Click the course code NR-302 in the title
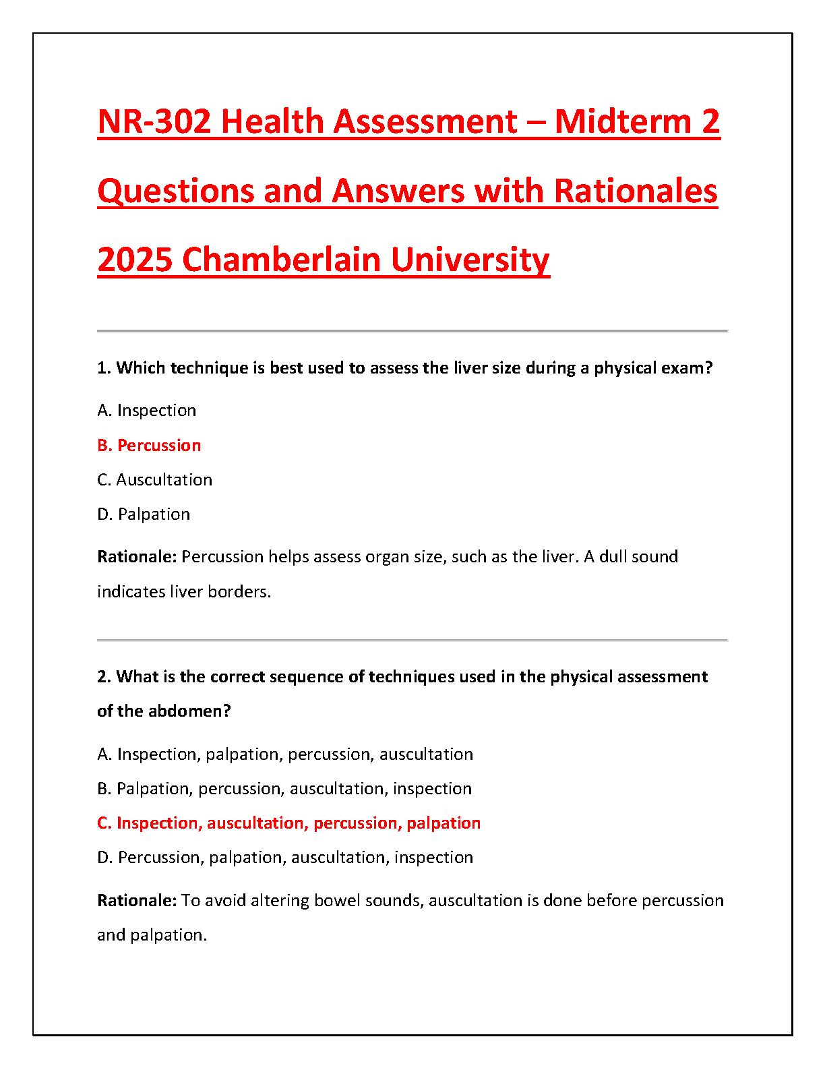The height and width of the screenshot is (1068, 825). (x=154, y=122)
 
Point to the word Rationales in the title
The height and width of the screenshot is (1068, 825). (x=636, y=191)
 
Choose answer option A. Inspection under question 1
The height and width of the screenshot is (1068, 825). (x=147, y=411)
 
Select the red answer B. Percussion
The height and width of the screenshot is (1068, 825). (x=149, y=446)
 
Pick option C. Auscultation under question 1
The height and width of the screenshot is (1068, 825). (x=155, y=480)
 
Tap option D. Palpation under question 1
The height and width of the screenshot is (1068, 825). (x=144, y=514)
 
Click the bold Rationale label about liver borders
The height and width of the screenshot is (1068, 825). (x=137, y=557)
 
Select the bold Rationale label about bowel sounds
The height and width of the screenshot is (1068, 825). (x=137, y=901)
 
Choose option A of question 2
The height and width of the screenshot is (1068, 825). (x=285, y=754)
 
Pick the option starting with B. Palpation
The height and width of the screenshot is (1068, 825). (x=284, y=789)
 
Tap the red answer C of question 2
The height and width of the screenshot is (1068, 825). (x=288, y=823)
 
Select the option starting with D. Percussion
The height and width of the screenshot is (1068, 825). (x=285, y=858)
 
